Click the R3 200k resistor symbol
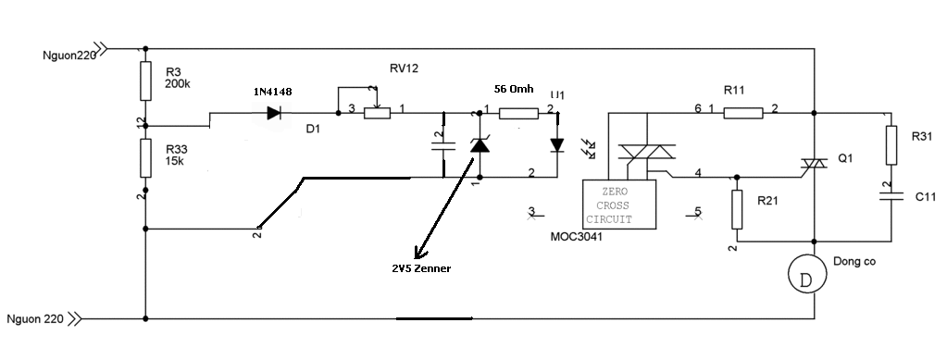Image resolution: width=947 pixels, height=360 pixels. coord(145,81)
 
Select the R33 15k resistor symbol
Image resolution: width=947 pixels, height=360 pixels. coord(145,157)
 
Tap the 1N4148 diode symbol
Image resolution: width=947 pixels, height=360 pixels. coord(274,112)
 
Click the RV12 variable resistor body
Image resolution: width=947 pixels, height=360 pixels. coord(377,113)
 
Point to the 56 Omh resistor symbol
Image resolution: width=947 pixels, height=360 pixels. coord(518,113)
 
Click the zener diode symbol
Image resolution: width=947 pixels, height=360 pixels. coord(480,145)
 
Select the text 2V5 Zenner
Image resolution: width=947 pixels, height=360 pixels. coord(421,268)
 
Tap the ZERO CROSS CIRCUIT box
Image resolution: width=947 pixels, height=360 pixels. coord(619,205)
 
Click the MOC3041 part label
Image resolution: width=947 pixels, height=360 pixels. coord(576,237)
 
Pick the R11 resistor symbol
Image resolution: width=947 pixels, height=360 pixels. coord(742,113)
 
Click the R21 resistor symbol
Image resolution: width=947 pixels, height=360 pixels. coord(737,209)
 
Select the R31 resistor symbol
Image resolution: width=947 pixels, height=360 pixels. coord(891,145)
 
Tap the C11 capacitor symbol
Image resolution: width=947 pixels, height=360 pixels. coord(891,195)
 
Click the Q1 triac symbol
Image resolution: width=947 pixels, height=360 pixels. coord(814,164)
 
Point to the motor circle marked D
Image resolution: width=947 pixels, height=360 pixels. coord(807,274)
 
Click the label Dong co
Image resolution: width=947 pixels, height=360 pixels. coord(854,262)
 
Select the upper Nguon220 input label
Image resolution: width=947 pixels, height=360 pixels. coord(69,56)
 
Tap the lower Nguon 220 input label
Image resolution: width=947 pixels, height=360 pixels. coord(35,319)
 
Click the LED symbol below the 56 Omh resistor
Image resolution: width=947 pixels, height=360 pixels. coord(557,145)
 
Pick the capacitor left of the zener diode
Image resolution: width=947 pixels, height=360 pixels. coord(444,145)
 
